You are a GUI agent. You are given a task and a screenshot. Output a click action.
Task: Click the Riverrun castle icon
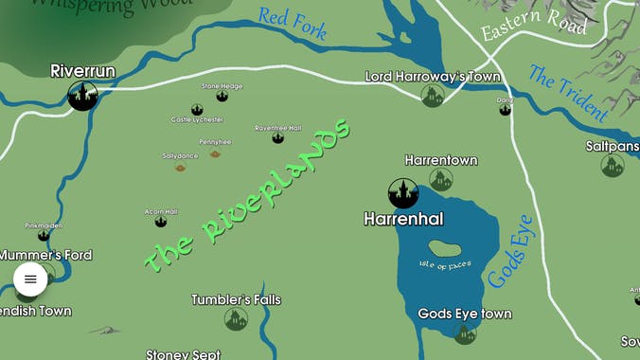click(x=82, y=95)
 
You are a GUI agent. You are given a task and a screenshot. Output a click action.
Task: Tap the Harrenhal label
click(x=403, y=219)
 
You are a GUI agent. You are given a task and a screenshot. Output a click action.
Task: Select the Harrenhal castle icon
click(x=403, y=192)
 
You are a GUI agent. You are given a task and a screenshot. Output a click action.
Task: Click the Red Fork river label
click(x=293, y=23)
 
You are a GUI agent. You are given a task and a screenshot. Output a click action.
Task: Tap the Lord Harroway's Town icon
click(x=433, y=96)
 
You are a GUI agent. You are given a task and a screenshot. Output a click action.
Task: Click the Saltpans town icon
click(x=613, y=166)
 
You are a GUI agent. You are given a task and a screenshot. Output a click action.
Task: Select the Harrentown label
click(x=441, y=160)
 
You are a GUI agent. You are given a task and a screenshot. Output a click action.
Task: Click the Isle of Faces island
click(x=445, y=250)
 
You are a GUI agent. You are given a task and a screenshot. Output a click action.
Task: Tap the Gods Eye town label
click(x=465, y=314)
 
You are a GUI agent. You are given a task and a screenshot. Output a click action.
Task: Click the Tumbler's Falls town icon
click(x=236, y=319)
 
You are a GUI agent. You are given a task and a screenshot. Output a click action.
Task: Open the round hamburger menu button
click(x=30, y=279)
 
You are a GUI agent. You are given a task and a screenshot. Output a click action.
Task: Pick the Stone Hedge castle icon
click(x=222, y=96)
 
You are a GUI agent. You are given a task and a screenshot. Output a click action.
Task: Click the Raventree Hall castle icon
click(x=277, y=137)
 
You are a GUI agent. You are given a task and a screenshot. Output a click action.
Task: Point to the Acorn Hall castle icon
click(x=161, y=221)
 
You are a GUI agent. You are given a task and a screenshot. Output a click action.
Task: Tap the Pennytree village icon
click(x=215, y=152)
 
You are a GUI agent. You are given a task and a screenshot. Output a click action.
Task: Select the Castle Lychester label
click(x=197, y=119)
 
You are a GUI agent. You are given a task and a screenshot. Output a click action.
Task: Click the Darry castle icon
click(x=505, y=109)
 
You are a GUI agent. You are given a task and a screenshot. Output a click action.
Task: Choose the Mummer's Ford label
click(x=45, y=255)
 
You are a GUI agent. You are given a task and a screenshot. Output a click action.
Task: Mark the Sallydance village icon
click(x=180, y=166)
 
